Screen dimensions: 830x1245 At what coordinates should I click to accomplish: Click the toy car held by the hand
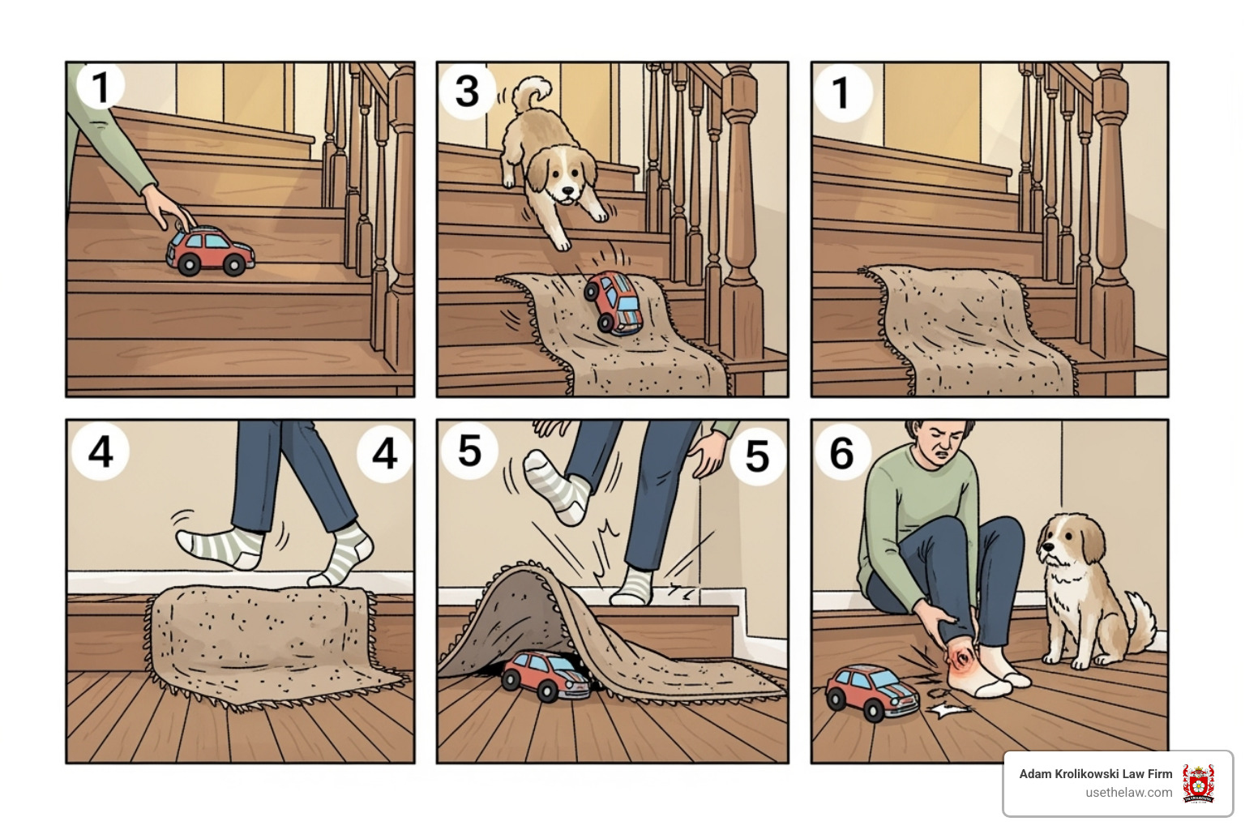pos(210,250)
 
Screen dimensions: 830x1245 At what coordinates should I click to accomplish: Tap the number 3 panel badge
pos(468,91)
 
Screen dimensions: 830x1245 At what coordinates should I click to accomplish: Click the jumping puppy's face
pos(560,179)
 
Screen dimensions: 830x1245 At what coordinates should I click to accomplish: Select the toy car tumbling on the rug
pos(614,302)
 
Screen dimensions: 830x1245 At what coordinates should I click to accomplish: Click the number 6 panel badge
pos(841,452)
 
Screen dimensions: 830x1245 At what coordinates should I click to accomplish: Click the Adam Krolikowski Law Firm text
pos(1095,774)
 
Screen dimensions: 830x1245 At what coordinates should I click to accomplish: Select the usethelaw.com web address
pos(1128,793)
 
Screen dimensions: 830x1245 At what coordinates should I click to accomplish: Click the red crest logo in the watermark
pos(1198,783)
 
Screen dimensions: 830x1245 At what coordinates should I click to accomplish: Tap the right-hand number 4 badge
pos(384,454)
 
